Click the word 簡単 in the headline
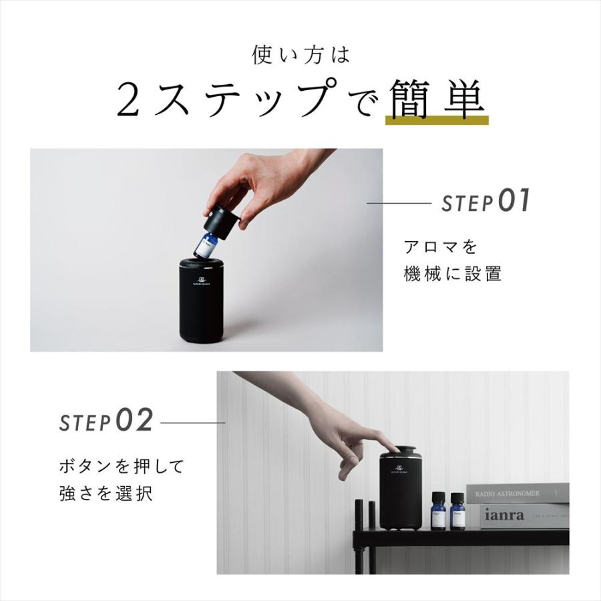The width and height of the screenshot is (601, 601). [x=436, y=98]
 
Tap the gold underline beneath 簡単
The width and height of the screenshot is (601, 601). [x=437, y=121]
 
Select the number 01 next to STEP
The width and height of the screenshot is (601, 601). [x=514, y=201]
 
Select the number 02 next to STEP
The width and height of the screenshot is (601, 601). [x=135, y=421]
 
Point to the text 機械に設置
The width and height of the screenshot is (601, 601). [x=453, y=274]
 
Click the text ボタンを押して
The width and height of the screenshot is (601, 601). [x=122, y=466]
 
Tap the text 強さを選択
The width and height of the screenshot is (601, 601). [x=106, y=494]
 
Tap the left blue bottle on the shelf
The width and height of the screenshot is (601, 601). [x=438, y=513]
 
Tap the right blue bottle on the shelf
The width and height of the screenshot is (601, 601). [x=457, y=513]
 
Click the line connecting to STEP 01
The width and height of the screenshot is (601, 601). [x=399, y=203]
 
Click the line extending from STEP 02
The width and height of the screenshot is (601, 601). [x=193, y=422]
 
